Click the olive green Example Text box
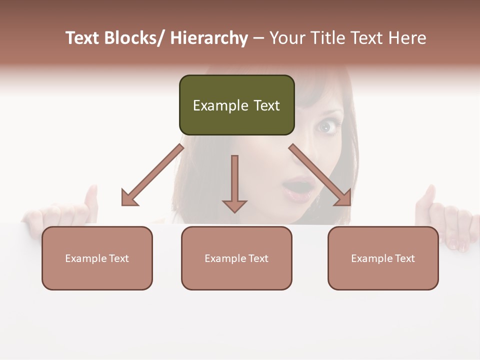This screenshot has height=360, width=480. (x=236, y=105)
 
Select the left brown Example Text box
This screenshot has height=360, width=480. (x=97, y=258)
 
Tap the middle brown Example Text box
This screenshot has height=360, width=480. (x=236, y=258)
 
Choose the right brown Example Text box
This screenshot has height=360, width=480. (x=383, y=258)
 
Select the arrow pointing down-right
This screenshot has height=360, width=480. (x=320, y=175)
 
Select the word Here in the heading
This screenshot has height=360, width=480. (x=405, y=38)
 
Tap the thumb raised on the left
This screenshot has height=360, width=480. (x=91, y=197)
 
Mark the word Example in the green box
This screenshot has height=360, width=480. (x=213, y=105)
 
